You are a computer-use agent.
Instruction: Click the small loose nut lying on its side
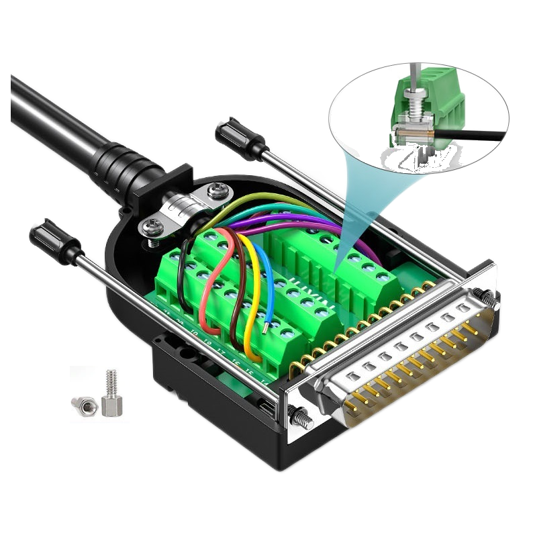(84, 403)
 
